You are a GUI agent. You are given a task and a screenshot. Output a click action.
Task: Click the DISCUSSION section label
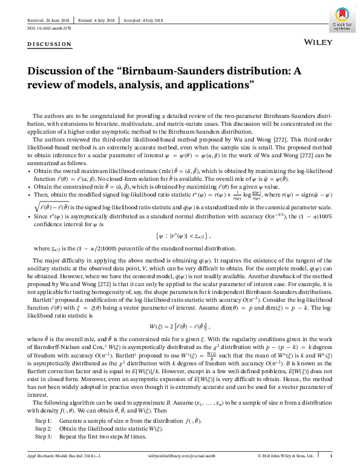45,44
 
